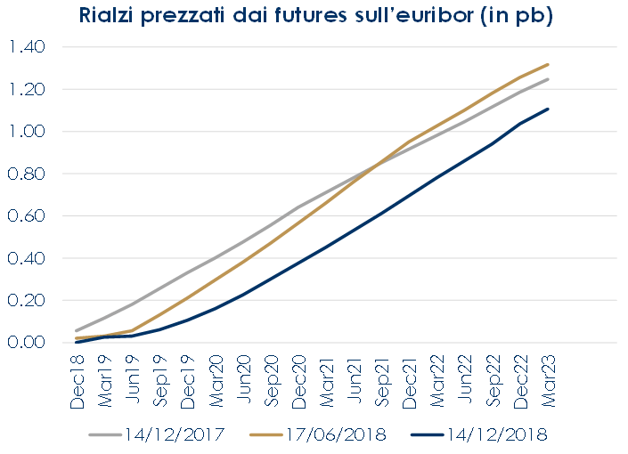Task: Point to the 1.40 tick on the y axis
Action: [x=27, y=47]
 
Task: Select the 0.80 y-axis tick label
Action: [x=27, y=174]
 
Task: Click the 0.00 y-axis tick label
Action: [x=27, y=343]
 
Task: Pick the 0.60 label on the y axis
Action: [x=27, y=216]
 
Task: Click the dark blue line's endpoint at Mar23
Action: [x=548, y=109]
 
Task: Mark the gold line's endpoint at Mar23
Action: [x=548, y=64]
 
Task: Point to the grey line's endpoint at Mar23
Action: [x=548, y=79]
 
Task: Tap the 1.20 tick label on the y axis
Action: [x=27, y=89]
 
